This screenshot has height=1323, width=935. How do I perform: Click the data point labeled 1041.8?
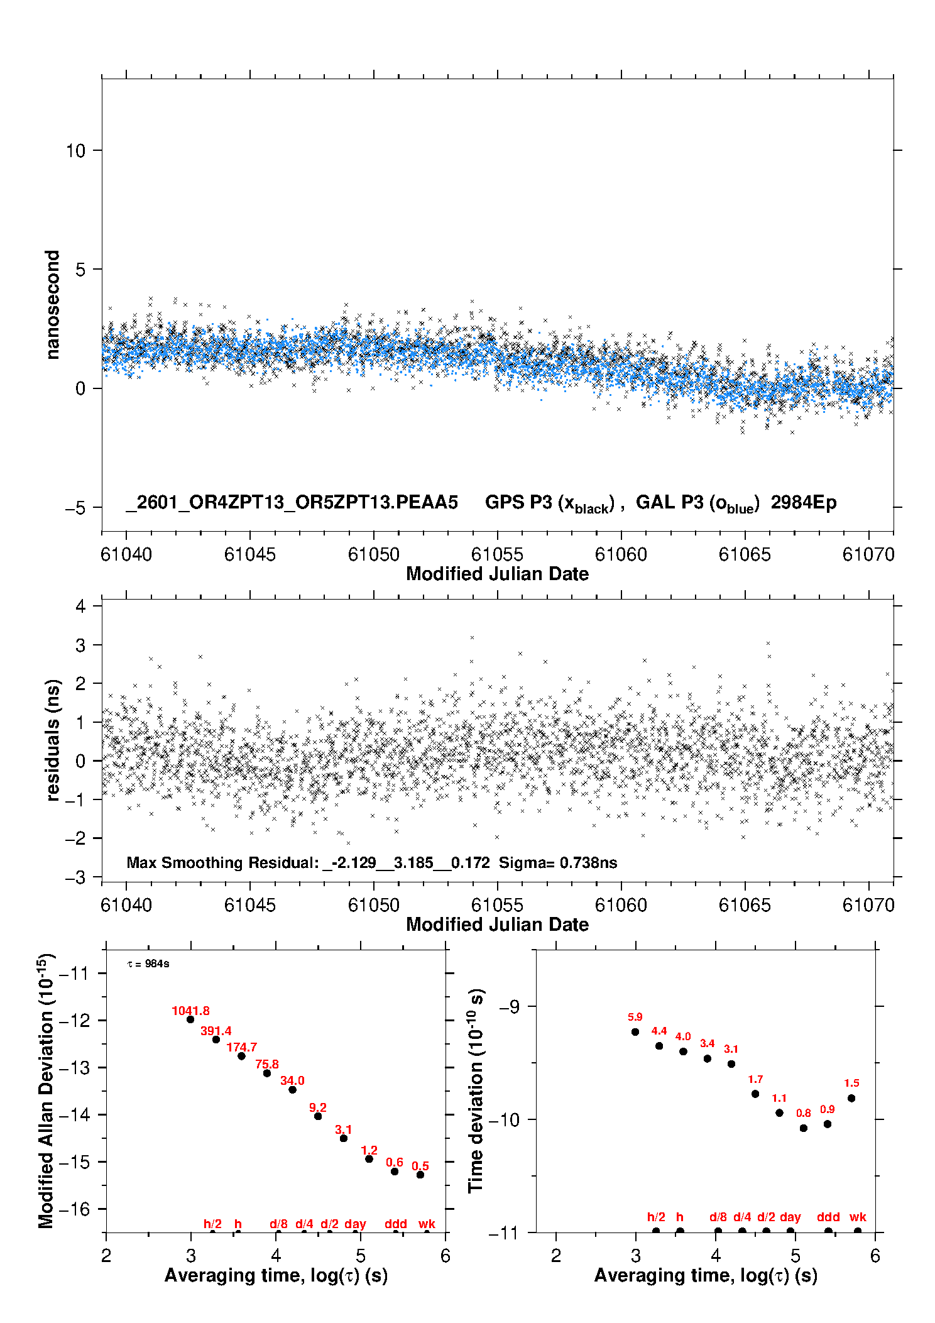[190, 1019]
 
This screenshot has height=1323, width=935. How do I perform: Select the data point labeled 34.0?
[292, 1090]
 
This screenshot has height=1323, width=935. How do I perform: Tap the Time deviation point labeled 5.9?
[635, 1032]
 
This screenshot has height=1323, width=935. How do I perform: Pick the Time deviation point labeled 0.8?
[804, 1128]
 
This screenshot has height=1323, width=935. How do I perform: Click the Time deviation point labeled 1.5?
[851, 1099]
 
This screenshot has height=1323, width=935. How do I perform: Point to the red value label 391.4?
[216, 1031]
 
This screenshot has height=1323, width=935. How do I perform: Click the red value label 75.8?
[267, 1065]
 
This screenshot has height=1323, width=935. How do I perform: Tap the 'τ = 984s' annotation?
[148, 964]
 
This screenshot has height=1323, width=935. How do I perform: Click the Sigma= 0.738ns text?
[558, 863]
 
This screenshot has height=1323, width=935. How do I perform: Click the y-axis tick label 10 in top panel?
[76, 151]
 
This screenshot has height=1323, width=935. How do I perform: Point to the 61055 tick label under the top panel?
[497, 555]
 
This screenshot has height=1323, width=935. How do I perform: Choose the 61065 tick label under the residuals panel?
[745, 906]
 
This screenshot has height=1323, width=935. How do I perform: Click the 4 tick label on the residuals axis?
[80, 607]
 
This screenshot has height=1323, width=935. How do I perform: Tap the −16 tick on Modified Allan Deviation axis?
[74, 1209]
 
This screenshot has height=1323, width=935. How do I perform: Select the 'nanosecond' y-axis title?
[53, 305]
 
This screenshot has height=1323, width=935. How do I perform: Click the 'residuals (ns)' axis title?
[53, 740]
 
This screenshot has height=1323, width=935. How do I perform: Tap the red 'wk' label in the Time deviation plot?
[858, 1217]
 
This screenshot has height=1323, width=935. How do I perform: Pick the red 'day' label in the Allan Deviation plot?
[355, 1224]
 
